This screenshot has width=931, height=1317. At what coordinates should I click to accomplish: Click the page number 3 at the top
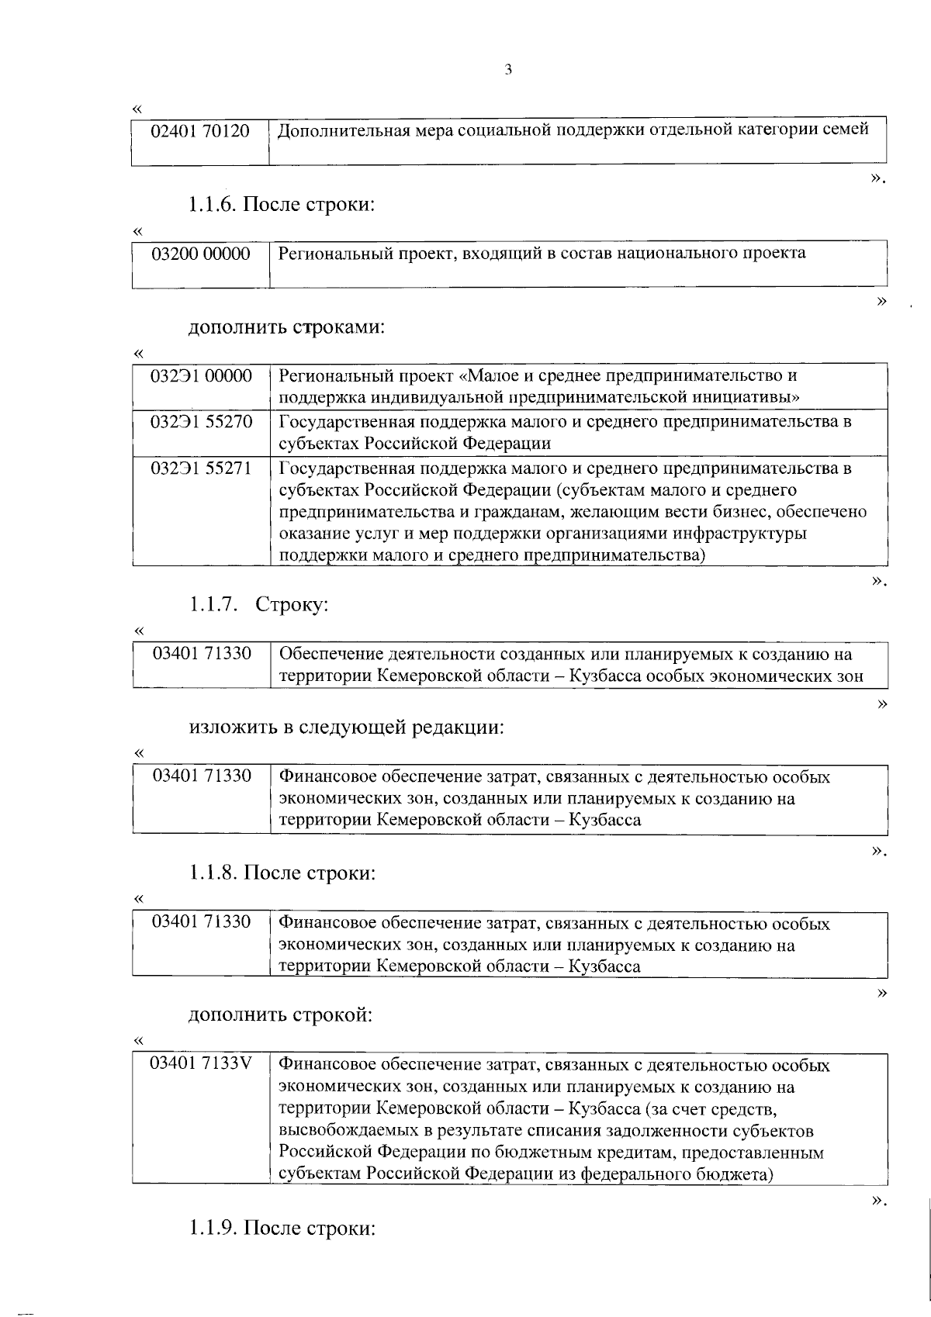pyautogui.click(x=508, y=71)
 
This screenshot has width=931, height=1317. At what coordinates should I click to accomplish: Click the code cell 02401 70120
pyautogui.click(x=201, y=131)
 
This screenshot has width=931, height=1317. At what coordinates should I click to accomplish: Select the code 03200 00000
pyautogui.click(x=201, y=254)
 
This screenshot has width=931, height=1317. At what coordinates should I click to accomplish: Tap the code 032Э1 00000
pyautogui.click(x=201, y=377)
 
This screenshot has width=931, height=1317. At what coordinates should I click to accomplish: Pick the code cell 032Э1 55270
pyautogui.click(x=201, y=423)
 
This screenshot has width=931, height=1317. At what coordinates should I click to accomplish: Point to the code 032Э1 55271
pyautogui.click(x=201, y=468)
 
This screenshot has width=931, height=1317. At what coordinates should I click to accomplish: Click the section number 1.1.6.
pyautogui.click(x=213, y=206)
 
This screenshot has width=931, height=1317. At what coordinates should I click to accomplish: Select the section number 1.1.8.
pyautogui.click(x=213, y=873)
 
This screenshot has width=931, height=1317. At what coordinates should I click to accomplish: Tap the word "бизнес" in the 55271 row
pyautogui.click(x=750, y=512)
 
